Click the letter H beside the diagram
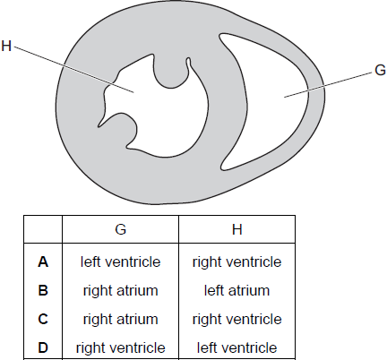point(6,47)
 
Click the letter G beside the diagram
point(380,71)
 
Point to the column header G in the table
point(121,229)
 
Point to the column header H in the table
point(237,229)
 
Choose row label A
point(43,262)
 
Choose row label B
point(43,290)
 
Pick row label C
point(43,319)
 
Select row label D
point(43,347)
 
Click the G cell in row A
point(121,262)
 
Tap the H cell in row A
point(237,262)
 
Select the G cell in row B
point(121,290)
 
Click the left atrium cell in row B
point(237,290)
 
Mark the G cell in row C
point(121,319)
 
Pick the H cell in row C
point(237,319)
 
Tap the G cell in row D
point(121,347)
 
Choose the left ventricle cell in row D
point(237,347)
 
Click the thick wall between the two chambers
point(228,101)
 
